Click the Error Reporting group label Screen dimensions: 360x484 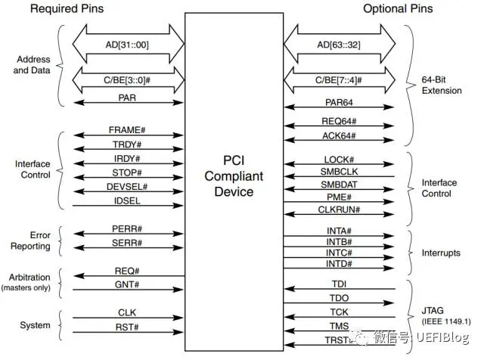pos(30,240)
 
